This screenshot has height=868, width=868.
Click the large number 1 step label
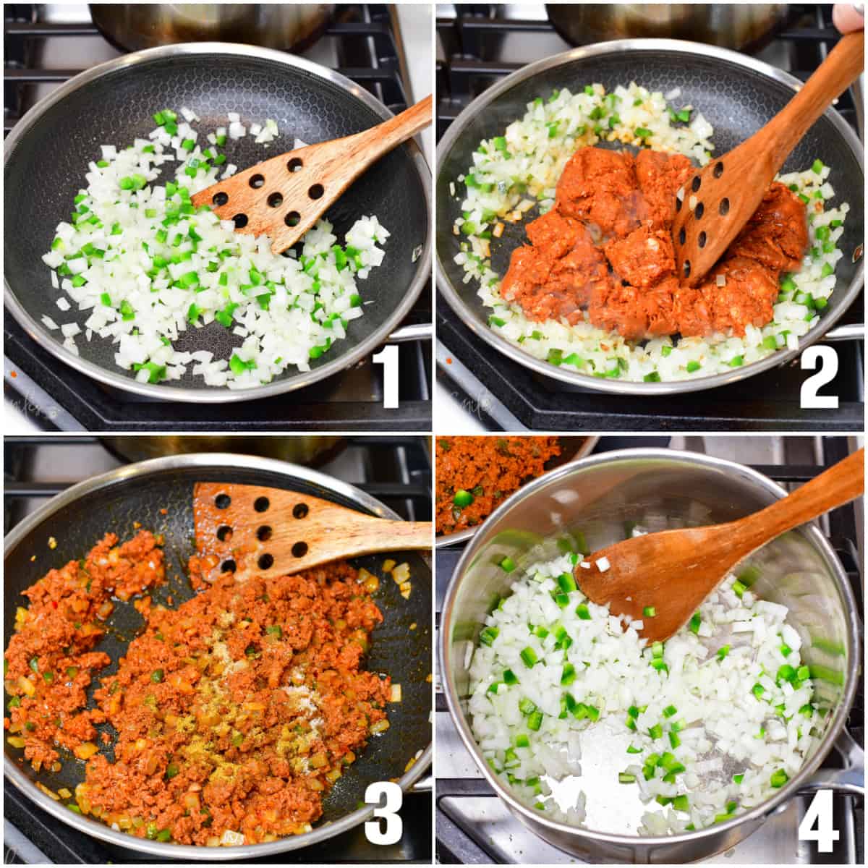389,376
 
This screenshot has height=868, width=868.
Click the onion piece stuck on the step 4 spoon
603,563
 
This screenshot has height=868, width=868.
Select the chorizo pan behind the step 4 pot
492,477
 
